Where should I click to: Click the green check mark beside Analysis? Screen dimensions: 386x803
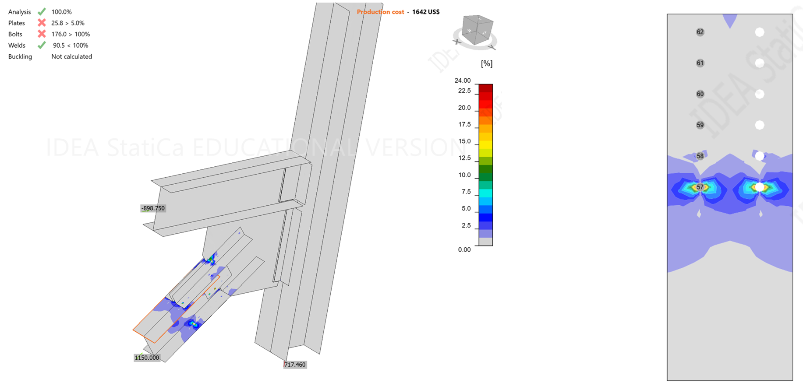42,12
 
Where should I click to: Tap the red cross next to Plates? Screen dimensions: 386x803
42,23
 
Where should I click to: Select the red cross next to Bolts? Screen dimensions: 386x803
42,34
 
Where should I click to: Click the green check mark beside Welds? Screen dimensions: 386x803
42,45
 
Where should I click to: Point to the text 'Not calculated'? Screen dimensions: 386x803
71,56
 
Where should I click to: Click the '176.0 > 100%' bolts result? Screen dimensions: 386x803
71,34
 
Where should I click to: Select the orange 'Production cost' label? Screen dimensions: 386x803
380,12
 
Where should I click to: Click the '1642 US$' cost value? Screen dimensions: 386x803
426,12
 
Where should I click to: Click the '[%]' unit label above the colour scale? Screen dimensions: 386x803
486,63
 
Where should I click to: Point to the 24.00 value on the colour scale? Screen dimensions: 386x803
463,81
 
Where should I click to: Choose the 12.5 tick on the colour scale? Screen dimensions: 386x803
464,158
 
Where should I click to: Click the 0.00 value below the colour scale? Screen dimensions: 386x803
464,250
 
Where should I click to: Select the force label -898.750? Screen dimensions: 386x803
153,208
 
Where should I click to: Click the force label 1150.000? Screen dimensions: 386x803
147,358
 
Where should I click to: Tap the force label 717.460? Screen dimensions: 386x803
295,365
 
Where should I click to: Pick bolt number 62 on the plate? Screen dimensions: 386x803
700,32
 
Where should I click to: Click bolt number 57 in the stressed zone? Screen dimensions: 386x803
700,187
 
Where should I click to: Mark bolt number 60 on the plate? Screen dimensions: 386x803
700,94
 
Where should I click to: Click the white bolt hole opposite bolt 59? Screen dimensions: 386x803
760,125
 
